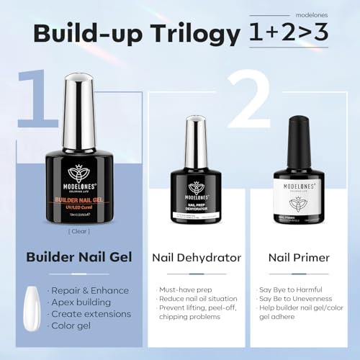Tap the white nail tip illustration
(32, 306)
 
